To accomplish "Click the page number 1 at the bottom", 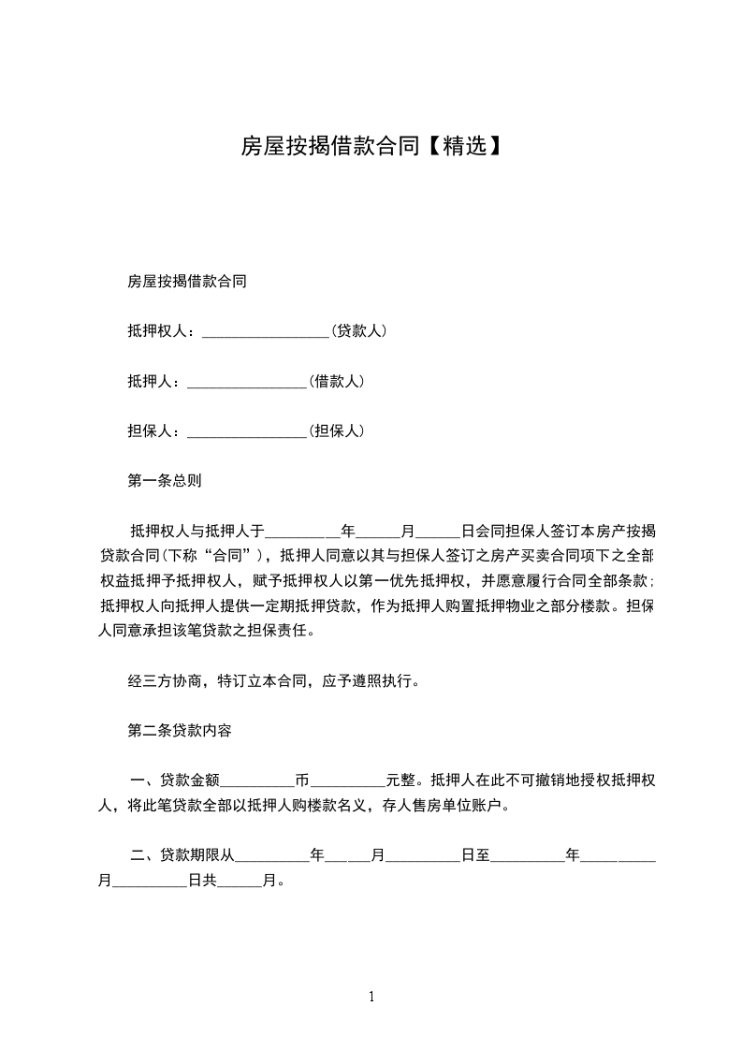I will pyautogui.click(x=371, y=997).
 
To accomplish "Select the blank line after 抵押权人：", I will pyautogui.click(x=266, y=331).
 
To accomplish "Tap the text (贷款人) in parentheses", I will pyautogui.click(x=360, y=331).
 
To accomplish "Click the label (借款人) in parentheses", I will pyautogui.click(x=337, y=381).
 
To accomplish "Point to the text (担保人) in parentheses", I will pyautogui.click(x=337, y=430).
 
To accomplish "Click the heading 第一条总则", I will pyautogui.click(x=164, y=481).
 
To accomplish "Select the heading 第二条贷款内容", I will pyautogui.click(x=179, y=731).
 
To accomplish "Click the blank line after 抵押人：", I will pyautogui.click(x=248, y=382).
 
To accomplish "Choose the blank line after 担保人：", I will pyautogui.click(x=248, y=431).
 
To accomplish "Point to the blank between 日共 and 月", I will pyautogui.click(x=240, y=881).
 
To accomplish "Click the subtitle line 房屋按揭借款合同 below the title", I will pyautogui.click(x=186, y=281).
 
